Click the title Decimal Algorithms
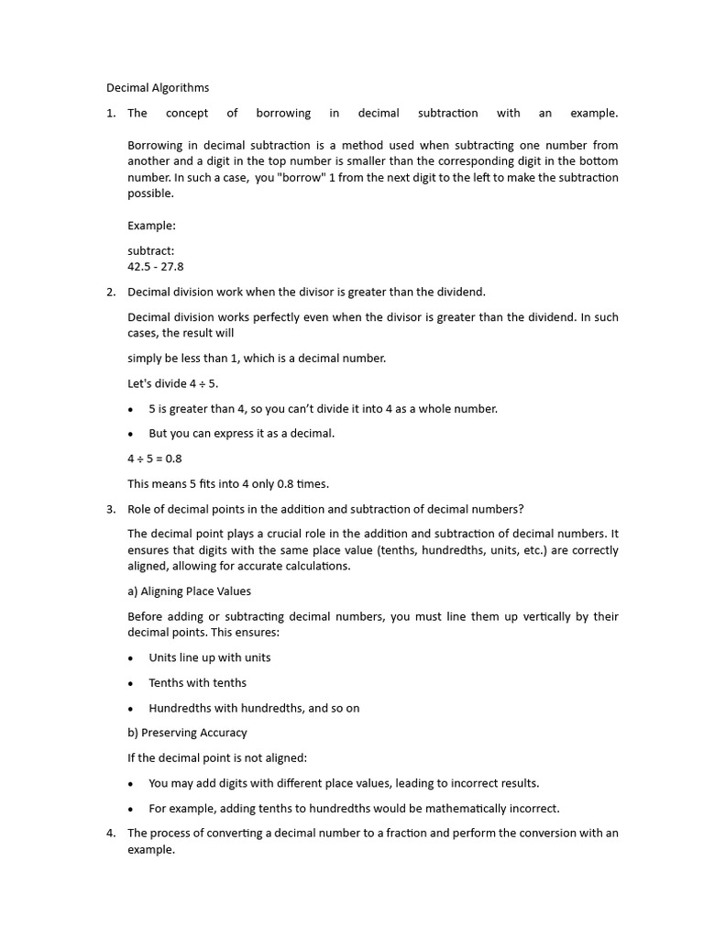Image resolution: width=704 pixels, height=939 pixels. click(158, 88)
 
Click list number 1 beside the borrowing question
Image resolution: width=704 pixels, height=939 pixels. click(110, 114)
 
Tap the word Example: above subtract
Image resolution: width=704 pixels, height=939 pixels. click(151, 226)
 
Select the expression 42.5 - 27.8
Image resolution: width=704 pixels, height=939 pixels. click(156, 267)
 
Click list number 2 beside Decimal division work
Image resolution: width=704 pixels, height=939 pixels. click(110, 293)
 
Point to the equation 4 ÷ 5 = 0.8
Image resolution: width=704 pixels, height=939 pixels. click(155, 458)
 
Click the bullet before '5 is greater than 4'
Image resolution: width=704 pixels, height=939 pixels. click(131, 410)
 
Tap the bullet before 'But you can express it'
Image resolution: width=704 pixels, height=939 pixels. click(131, 435)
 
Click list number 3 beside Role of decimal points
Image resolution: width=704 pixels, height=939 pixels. click(110, 510)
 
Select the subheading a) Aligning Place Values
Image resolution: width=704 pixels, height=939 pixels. click(189, 591)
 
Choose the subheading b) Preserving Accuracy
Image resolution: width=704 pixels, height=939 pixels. click(187, 733)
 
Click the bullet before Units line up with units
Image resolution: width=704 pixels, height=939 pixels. click(131, 658)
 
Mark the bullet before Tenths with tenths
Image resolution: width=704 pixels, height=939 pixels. click(131, 683)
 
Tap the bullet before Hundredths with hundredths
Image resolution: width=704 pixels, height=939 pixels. click(131, 709)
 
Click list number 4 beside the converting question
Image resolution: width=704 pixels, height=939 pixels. click(110, 834)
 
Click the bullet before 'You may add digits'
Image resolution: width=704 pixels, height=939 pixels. click(131, 784)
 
